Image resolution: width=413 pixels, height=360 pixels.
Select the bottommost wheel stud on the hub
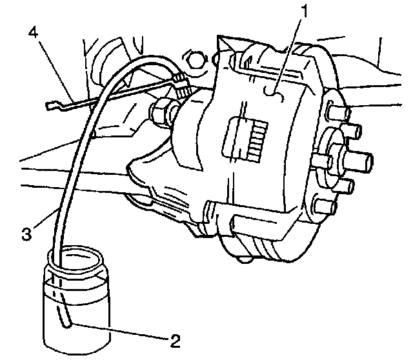(x=325, y=206)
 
